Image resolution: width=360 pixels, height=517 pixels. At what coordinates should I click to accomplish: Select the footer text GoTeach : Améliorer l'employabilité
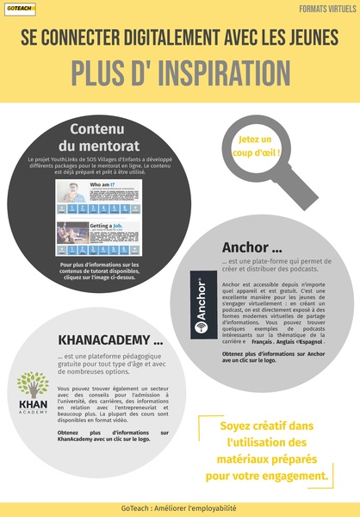pos(179,508)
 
